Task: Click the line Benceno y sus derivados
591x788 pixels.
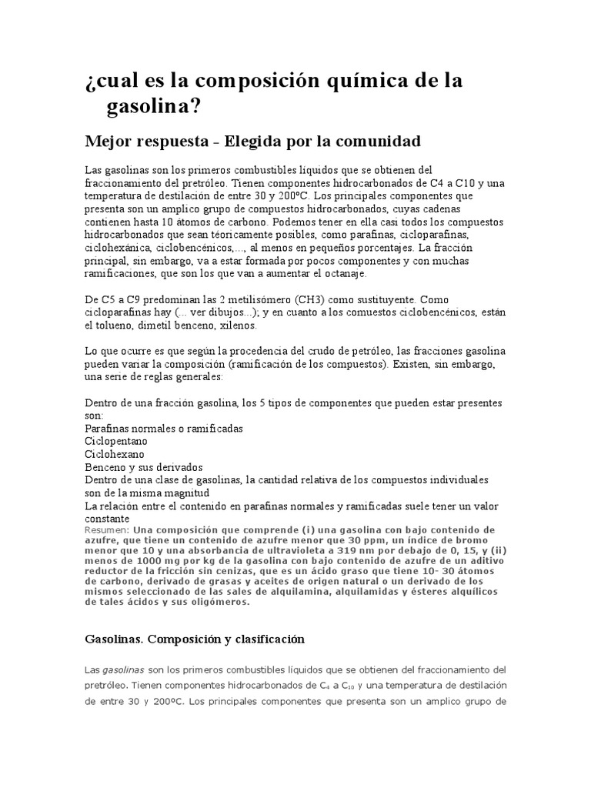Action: [143, 466]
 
